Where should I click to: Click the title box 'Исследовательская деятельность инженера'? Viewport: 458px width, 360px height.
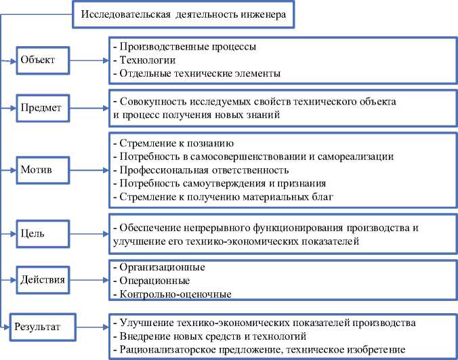183,15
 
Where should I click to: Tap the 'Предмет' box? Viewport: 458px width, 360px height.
41,107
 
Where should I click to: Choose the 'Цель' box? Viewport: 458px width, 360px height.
33,233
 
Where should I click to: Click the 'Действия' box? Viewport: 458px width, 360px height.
43,279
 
